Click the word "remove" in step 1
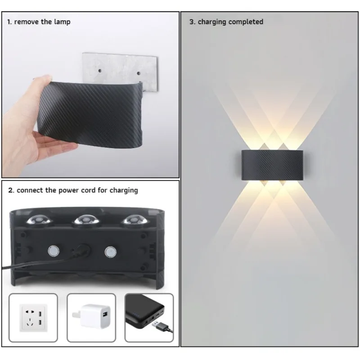point(27,22)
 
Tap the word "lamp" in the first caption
point(62,22)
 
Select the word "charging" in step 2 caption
point(124,190)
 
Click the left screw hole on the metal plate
point(99,71)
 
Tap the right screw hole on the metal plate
point(139,73)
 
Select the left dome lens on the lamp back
point(40,220)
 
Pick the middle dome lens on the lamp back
point(86,220)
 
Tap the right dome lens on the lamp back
point(135,220)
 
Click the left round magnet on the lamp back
point(54,251)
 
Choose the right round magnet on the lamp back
point(110,252)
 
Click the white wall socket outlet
point(33,318)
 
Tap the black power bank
point(144,311)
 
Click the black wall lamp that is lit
point(272,165)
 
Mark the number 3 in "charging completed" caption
point(192,22)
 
